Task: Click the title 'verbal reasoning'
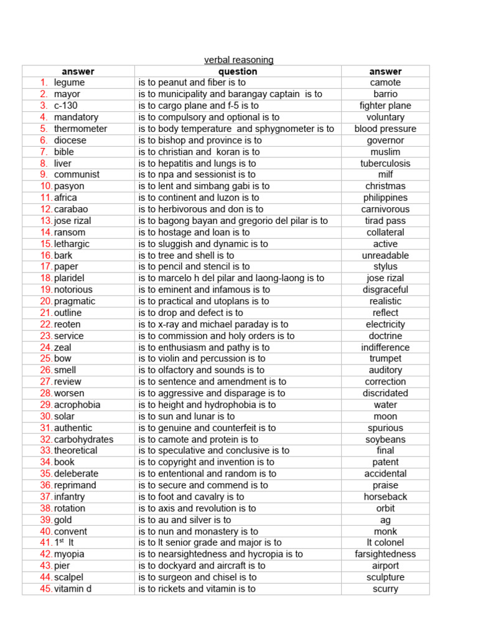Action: coord(239,60)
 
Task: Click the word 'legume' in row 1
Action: coord(69,83)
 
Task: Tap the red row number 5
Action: coord(44,129)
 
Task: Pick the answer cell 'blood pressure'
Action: coord(385,129)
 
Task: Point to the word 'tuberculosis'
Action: coord(385,164)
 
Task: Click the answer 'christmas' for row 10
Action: coord(385,187)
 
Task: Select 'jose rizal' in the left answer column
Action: coord(75,221)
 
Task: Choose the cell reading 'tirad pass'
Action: coord(385,221)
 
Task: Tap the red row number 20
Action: coord(46,302)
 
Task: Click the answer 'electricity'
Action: coord(385,325)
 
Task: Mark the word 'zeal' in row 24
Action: coord(62,348)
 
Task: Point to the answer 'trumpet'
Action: coord(385,359)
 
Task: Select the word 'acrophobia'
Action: coord(77,405)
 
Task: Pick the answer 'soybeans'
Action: coord(385,440)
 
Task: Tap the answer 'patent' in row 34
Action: coord(385,463)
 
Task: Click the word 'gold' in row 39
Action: coord(63,520)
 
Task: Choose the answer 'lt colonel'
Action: coord(385,543)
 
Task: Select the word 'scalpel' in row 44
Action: coord(68,577)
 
